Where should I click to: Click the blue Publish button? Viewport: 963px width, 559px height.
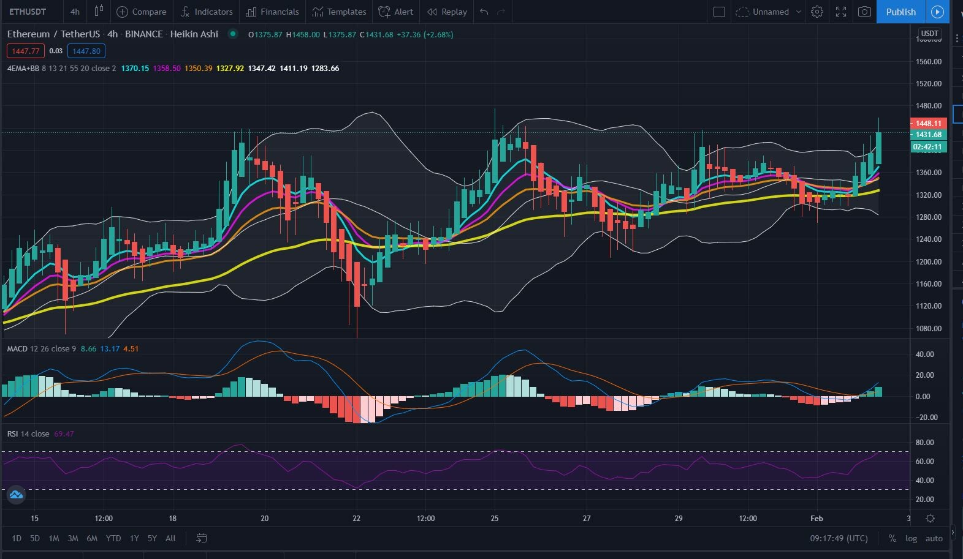900,12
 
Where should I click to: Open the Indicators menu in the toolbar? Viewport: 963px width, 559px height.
207,12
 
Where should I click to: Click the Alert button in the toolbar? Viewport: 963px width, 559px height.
396,12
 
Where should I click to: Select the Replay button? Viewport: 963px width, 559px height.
447,12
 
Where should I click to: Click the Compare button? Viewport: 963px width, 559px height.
142,12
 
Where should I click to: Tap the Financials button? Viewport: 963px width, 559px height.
272,12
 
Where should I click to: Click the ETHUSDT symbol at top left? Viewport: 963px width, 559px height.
28,12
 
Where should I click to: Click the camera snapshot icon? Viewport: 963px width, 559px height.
864,12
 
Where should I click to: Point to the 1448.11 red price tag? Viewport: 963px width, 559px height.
929,123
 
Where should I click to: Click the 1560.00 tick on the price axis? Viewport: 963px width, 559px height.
929,61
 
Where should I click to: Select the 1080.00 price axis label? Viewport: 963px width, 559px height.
929,328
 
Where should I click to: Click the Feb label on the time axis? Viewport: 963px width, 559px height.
816,518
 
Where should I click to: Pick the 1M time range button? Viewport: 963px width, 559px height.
54,538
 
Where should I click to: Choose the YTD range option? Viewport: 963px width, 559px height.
113,538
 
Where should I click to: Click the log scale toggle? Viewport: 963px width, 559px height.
912,538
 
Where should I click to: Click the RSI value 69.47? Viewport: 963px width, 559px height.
64,433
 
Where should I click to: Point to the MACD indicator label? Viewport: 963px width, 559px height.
17,348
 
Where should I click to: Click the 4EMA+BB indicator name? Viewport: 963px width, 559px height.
23,68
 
